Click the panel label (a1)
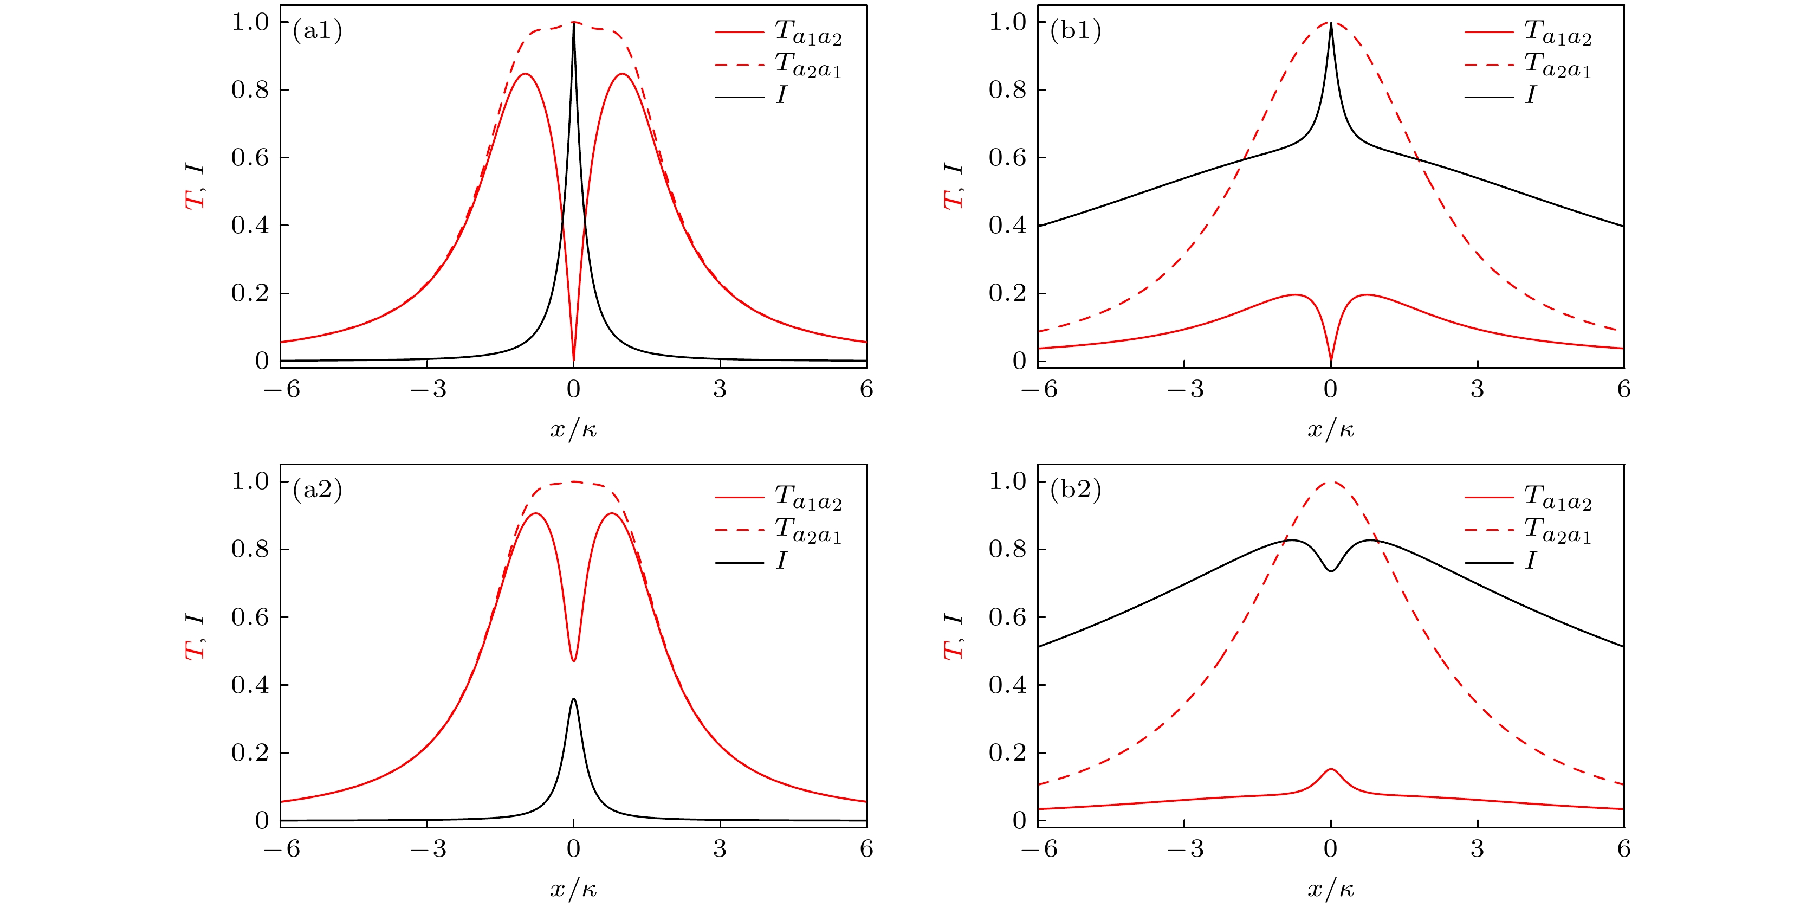pos(318,30)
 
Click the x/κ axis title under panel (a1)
pos(574,429)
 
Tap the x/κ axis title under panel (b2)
pos(1331,889)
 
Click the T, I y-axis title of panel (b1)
pos(953,186)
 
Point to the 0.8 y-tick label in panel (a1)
pos(250,90)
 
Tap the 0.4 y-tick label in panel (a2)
pos(250,685)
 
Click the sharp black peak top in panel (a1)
pos(574,24)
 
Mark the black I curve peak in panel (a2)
pos(574,699)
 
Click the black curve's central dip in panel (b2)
pos(1331,570)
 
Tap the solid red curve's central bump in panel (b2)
pos(1331,770)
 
